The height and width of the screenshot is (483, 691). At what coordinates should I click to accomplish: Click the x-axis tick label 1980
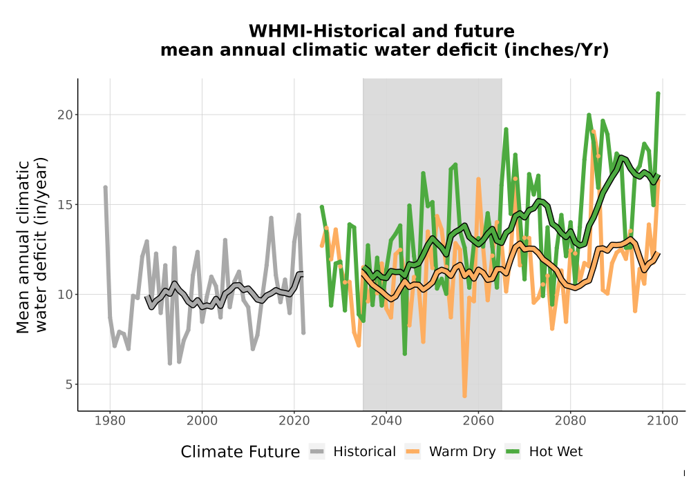110,420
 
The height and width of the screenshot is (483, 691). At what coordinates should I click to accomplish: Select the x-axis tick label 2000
202,420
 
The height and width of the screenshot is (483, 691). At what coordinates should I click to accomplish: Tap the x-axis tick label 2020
294,420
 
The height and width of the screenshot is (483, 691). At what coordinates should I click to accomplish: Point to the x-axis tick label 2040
386,420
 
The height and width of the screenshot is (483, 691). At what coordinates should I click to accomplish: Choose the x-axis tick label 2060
478,420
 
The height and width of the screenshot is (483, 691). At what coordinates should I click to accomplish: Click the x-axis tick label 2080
570,420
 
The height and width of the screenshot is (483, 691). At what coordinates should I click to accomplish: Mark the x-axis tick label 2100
663,420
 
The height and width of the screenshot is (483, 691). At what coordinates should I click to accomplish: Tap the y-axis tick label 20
65,115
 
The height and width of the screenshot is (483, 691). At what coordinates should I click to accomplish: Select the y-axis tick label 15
65,204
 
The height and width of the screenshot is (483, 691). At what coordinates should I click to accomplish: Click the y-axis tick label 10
65,295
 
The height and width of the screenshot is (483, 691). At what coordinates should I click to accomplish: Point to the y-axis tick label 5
68,384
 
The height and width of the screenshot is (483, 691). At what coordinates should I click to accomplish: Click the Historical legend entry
352,452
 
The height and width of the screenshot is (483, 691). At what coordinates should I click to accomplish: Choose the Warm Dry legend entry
450,452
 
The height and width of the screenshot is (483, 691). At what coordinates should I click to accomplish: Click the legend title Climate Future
240,452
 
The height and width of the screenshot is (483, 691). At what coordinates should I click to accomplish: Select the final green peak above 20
658,94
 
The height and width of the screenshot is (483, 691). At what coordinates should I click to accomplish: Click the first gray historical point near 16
105,188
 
